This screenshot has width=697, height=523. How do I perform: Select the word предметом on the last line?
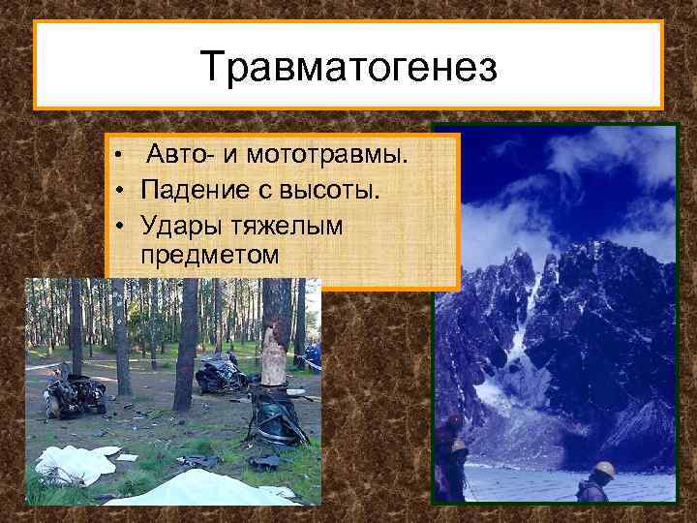click(209, 257)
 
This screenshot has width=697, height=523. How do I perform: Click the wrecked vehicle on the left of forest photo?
click(75, 394)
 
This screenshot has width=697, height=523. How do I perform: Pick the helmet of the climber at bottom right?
click(604, 469)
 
